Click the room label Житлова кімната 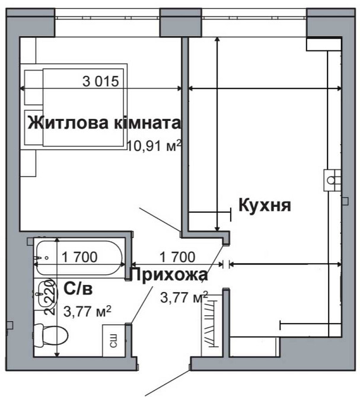[104, 123]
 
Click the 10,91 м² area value [154, 145]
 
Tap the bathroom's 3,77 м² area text [88, 310]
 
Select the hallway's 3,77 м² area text [184, 296]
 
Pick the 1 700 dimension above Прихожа [177, 257]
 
